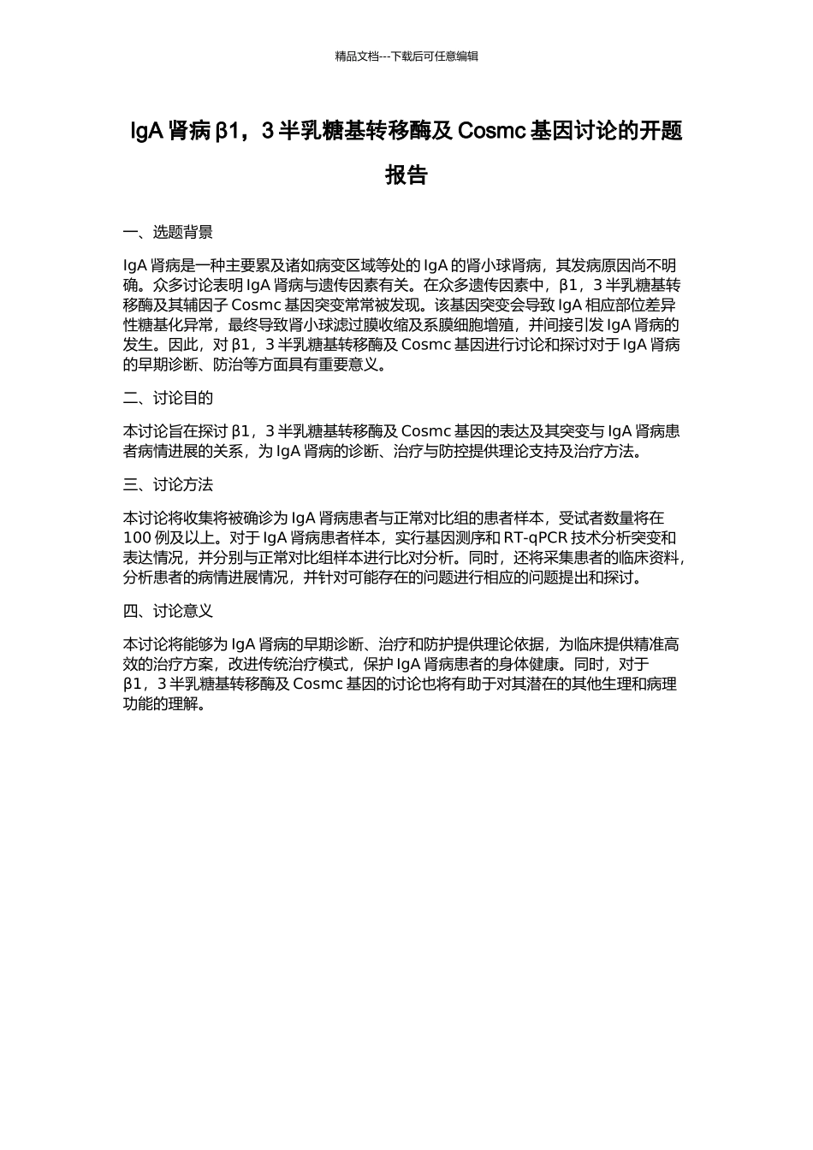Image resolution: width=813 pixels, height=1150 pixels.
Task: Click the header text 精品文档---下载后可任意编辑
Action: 406,56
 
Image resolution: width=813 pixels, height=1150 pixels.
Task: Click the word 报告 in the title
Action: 406,175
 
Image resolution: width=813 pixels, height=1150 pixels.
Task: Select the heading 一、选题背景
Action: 168,232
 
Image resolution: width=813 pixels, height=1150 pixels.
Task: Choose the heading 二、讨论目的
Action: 168,398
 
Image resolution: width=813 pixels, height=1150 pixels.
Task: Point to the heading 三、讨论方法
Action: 168,485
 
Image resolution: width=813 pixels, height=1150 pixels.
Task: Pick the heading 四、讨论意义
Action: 168,611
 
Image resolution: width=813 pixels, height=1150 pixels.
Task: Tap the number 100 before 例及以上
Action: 138,537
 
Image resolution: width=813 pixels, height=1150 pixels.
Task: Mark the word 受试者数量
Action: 596,518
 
